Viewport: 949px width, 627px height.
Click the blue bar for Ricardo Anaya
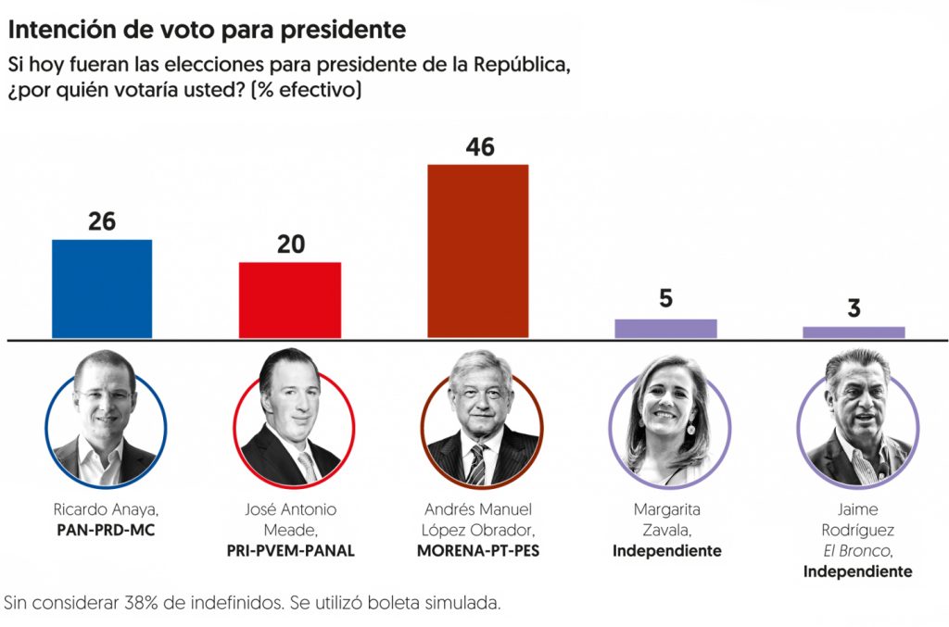(102, 288)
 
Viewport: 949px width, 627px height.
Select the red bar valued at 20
(290, 300)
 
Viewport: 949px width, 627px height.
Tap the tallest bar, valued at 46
(477, 251)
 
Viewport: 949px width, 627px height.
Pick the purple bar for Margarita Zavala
(665, 329)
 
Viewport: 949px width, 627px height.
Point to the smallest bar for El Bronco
(854, 332)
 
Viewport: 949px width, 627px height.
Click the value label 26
(102, 222)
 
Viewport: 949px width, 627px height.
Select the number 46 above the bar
(479, 147)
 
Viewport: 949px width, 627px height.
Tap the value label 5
(665, 299)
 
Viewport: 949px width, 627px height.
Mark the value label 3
(854, 308)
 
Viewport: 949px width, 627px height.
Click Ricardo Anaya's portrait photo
(106, 419)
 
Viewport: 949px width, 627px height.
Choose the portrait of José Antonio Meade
(294, 419)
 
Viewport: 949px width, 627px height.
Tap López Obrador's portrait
(481, 419)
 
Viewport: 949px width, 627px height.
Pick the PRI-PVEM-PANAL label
(291, 551)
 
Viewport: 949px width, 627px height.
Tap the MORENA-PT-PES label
(479, 551)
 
